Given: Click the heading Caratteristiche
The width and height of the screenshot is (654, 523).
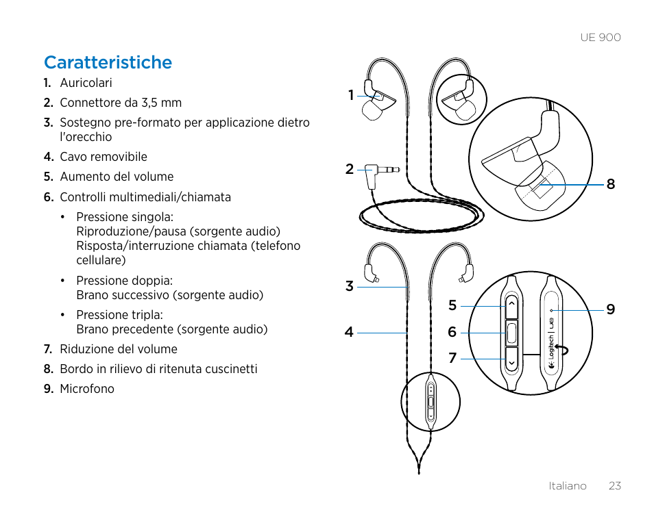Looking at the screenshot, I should click(108, 62).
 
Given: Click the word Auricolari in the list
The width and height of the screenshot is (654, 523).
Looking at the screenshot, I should click(86, 83).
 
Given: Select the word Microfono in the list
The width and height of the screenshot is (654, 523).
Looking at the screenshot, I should click(86, 389).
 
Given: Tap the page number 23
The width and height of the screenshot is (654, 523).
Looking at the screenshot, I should click(614, 486).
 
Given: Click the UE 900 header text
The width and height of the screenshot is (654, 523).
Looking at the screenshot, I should click(600, 38).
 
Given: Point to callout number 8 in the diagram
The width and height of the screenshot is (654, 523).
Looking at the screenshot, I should click(610, 184).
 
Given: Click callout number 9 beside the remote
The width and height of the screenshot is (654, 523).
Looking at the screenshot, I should click(610, 309).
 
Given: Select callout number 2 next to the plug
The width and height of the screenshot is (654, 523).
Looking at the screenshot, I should click(350, 169).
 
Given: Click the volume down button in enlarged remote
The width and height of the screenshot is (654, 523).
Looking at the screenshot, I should click(512, 358).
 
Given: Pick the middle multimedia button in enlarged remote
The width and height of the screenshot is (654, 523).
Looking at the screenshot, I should click(512, 333).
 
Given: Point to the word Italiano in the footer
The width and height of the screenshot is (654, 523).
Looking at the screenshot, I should click(567, 486).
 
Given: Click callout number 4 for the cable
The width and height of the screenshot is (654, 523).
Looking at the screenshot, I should click(350, 333).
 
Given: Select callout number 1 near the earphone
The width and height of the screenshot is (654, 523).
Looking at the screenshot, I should click(350, 95).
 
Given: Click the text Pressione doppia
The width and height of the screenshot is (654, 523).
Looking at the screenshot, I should click(124, 281).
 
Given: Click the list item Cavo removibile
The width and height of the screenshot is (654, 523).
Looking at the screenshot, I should click(103, 157).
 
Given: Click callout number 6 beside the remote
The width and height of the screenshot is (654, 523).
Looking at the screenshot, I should click(452, 333).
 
